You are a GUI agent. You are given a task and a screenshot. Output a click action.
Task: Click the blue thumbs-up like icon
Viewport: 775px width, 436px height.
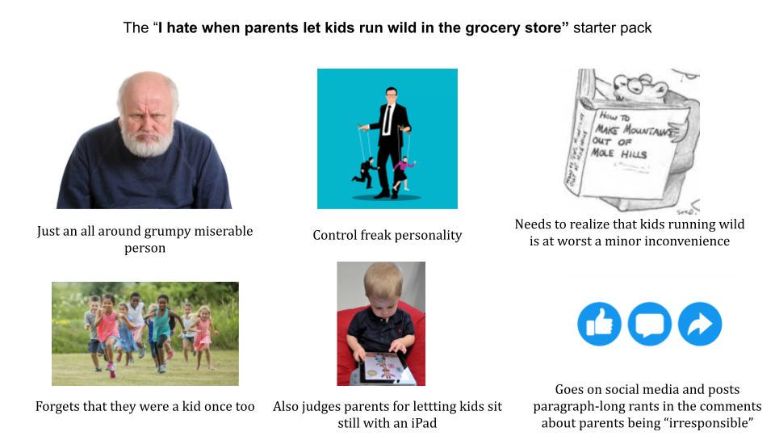pos(599,324)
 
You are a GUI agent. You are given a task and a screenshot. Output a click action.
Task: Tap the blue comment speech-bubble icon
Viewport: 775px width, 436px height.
pos(650,324)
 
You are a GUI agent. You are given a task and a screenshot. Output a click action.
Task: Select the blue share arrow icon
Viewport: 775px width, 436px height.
pos(700,324)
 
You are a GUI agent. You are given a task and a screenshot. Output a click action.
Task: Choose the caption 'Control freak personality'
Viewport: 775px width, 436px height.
pos(387,235)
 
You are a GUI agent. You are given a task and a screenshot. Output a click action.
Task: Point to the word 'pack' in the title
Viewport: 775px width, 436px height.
pos(636,28)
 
